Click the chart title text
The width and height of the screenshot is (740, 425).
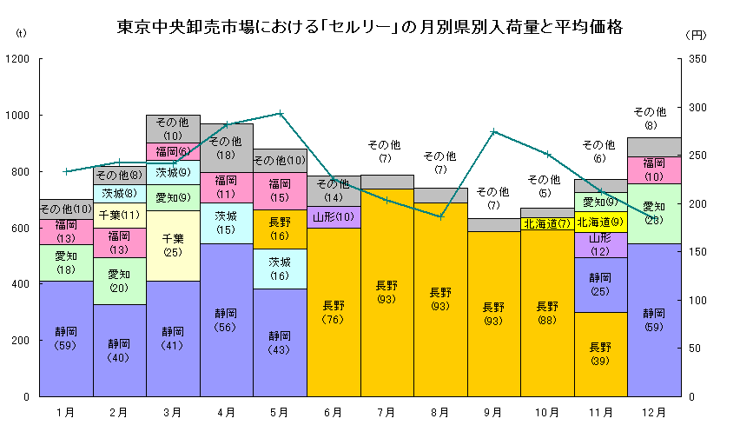point(370,27)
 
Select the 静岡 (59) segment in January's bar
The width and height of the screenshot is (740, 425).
point(65,338)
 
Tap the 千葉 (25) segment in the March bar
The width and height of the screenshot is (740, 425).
point(173,245)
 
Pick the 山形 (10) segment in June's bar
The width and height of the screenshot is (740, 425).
point(334,216)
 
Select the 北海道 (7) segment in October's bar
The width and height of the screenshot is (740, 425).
point(547,223)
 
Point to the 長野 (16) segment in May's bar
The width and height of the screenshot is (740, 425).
point(280,229)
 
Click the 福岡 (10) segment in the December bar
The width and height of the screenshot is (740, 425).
point(654,169)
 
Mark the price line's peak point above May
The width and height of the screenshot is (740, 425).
point(280,113)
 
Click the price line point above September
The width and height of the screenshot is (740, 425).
point(493,131)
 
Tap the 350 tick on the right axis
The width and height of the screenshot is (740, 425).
point(698,59)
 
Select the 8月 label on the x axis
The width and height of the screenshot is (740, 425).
point(440,411)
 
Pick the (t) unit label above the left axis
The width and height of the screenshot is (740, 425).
point(22,34)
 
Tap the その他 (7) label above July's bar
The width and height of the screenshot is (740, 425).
point(387,151)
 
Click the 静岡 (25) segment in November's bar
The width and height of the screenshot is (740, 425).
point(600,284)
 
